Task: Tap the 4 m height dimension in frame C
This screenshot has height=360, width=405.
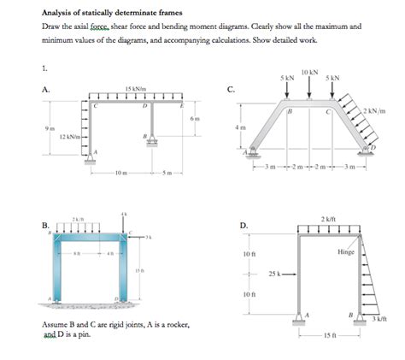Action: (x=242, y=127)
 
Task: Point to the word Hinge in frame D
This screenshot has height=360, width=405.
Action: (x=345, y=252)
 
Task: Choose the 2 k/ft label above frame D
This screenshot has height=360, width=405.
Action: (x=329, y=219)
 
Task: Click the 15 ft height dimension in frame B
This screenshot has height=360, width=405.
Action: (x=138, y=270)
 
